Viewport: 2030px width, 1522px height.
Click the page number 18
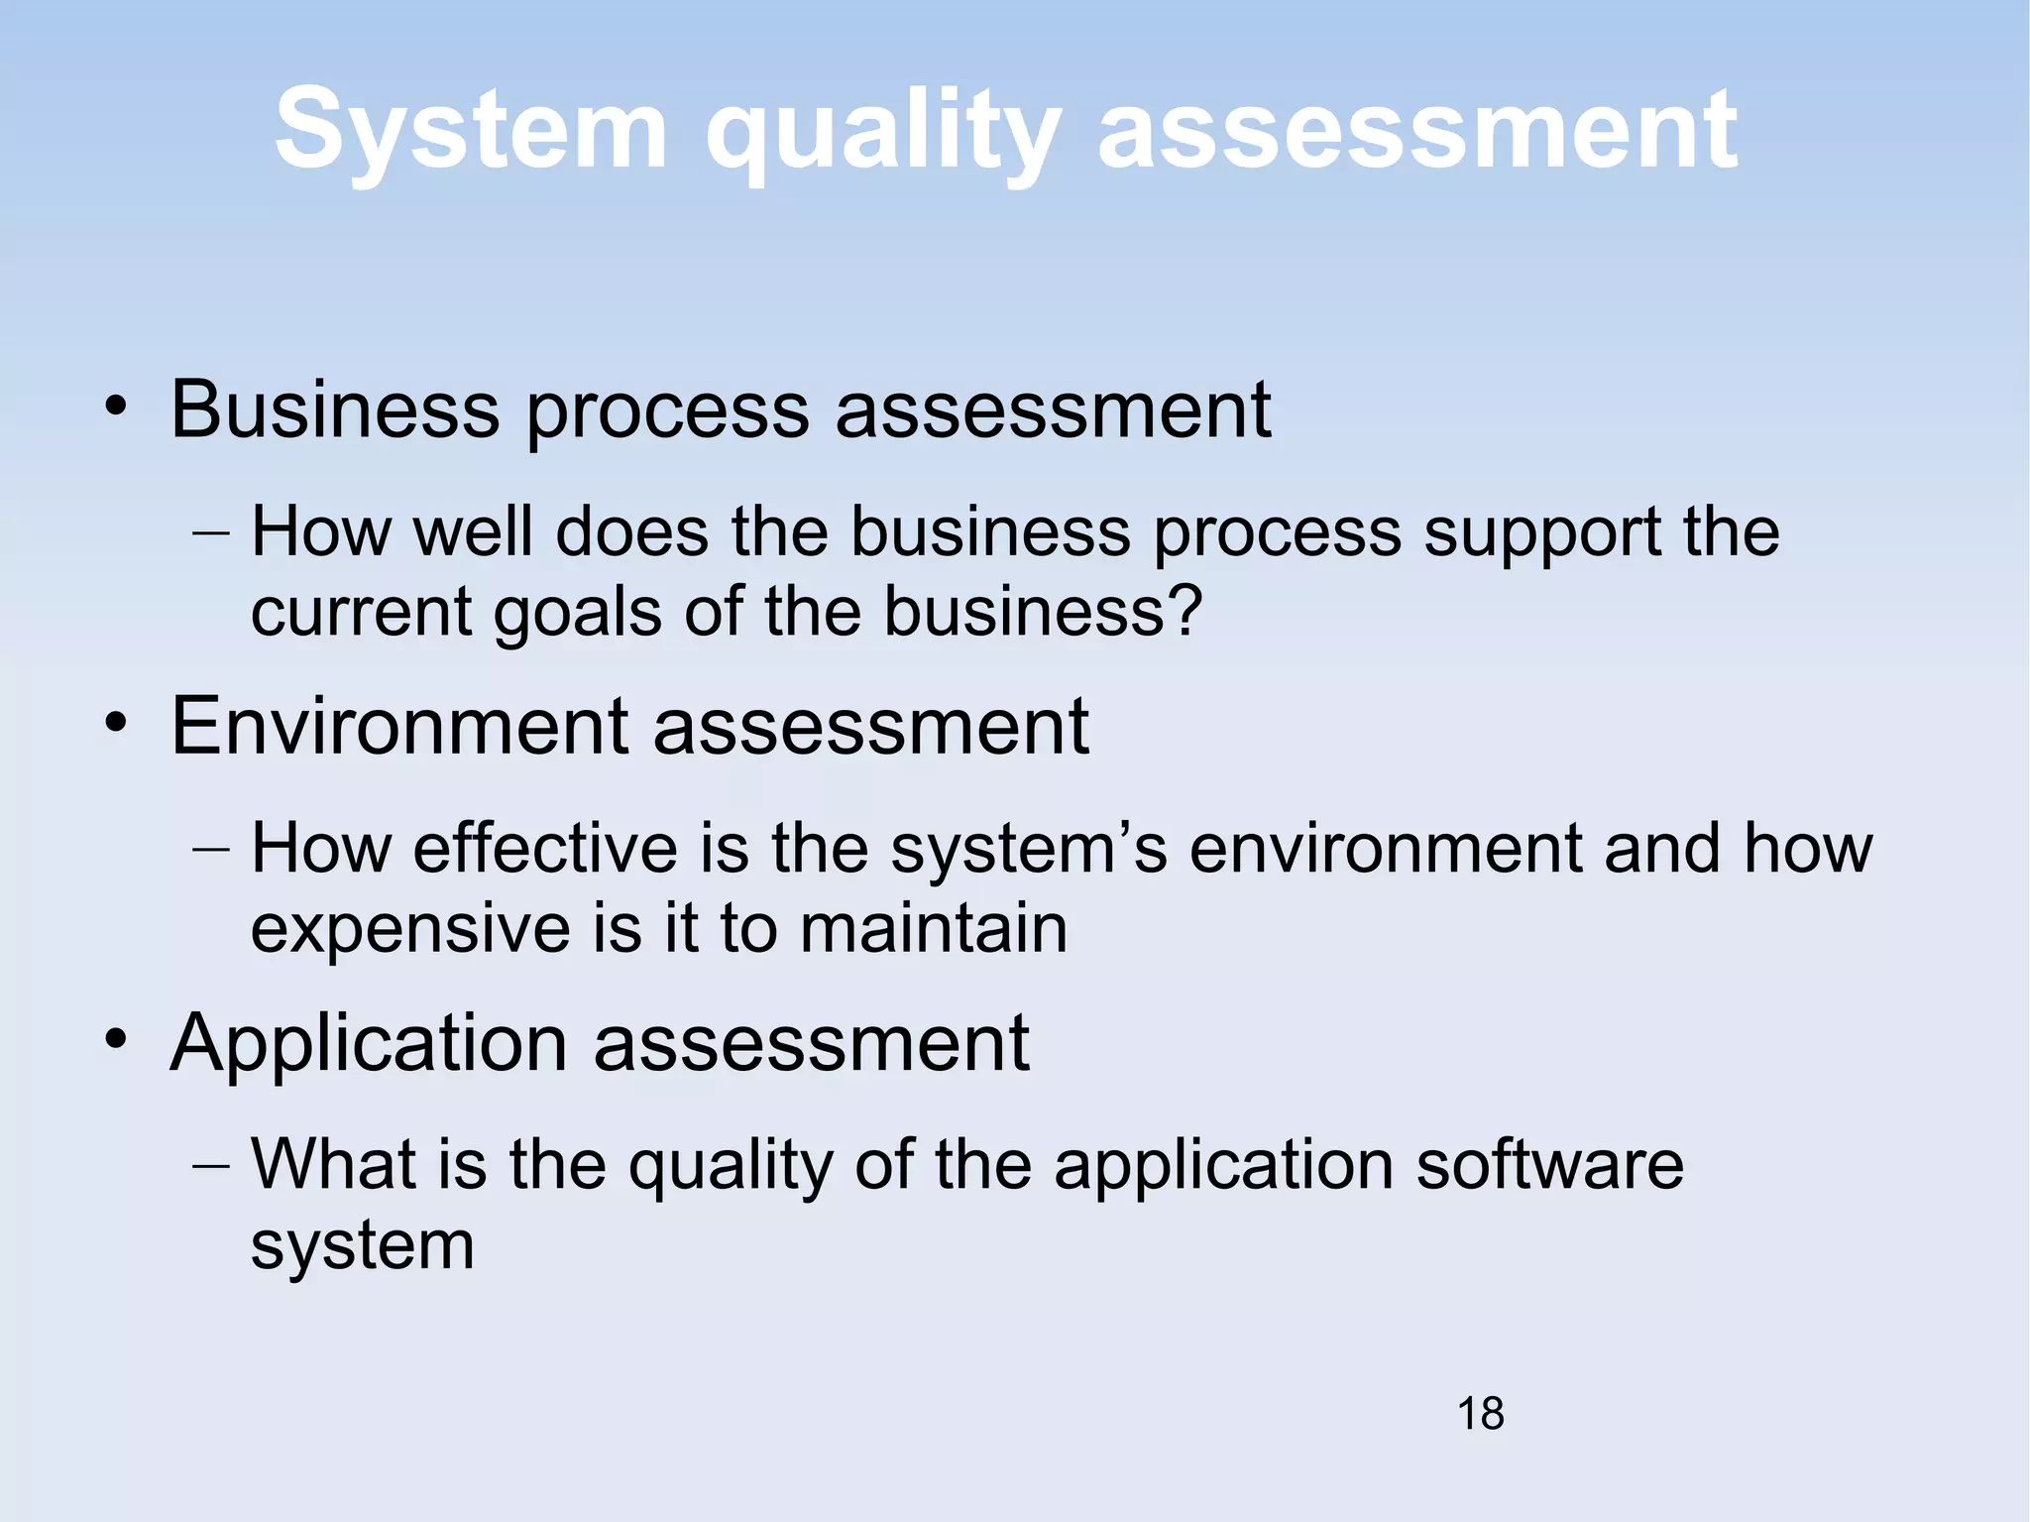click(1480, 1413)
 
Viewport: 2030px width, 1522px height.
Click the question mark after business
click(1185, 611)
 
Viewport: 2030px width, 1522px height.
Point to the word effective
click(545, 849)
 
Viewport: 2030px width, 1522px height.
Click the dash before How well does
click(210, 533)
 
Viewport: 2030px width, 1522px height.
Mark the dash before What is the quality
click(210, 1165)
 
